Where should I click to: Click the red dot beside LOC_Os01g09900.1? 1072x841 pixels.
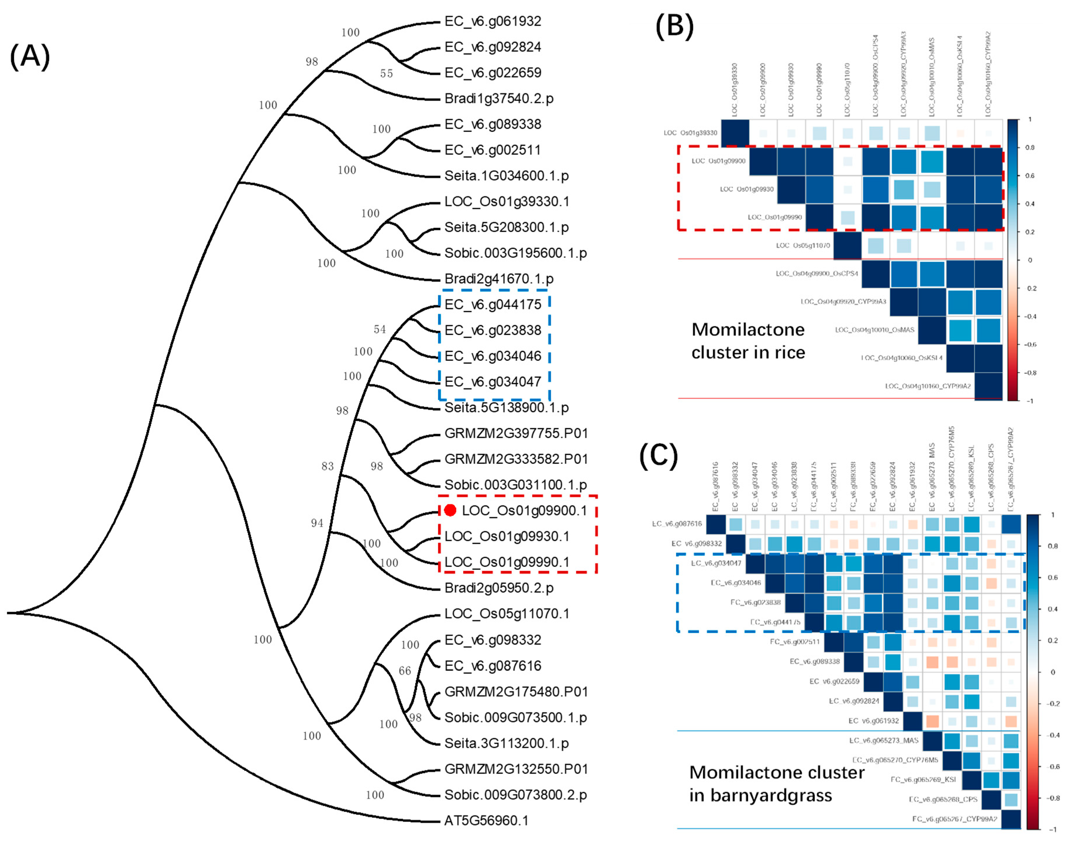click(450, 511)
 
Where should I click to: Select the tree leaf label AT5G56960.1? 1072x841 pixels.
click(486, 820)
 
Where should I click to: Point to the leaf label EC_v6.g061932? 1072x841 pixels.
click(492, 21)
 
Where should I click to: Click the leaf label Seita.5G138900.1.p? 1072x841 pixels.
click(506, 408)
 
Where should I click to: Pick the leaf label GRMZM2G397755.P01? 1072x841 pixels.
click(516, 433)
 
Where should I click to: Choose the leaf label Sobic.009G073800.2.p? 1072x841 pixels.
click(515, 795)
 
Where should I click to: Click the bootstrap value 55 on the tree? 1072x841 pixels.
click(386, 73)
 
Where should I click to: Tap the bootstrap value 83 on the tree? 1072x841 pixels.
click(328, 466)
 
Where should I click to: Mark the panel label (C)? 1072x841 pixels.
click(658, 455)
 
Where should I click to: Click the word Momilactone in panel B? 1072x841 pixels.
click(748, 329)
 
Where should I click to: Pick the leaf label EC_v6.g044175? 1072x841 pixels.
click(492, 305)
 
